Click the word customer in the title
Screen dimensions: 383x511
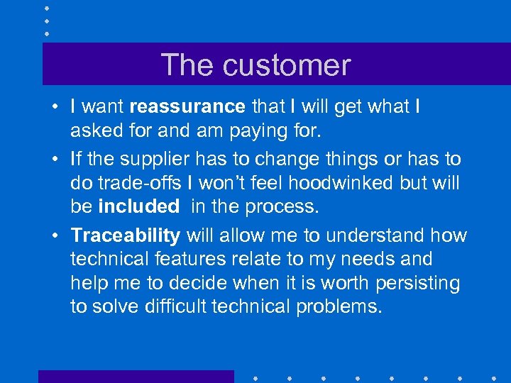pos(287,65)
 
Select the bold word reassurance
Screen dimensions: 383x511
pos(187,107)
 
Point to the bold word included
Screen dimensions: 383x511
pos(139,206)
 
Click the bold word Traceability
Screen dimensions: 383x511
pos(126,235)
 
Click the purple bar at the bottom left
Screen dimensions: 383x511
pos(136,376)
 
